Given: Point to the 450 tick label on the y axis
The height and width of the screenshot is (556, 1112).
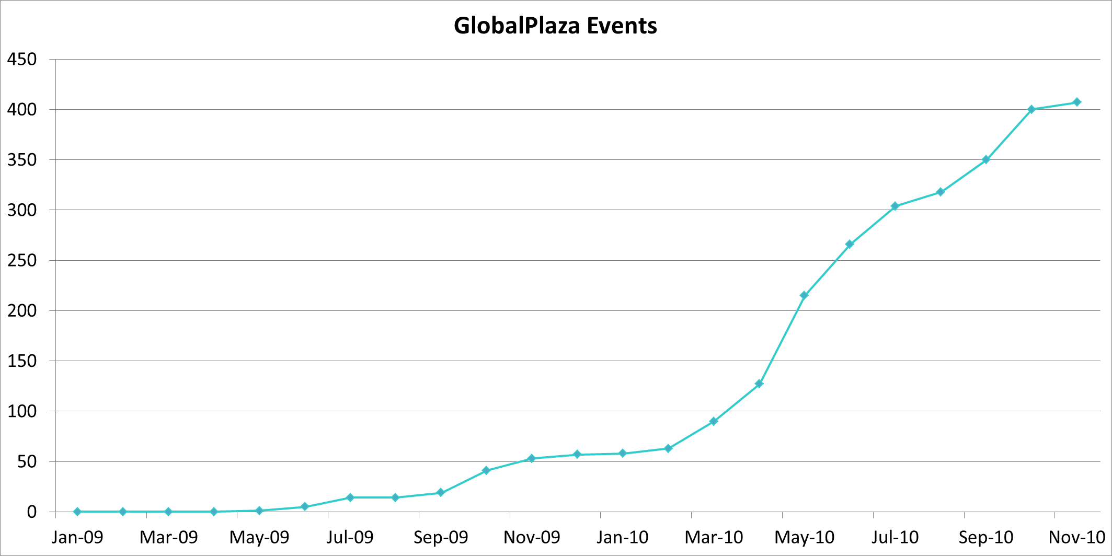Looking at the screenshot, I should click(22, 59).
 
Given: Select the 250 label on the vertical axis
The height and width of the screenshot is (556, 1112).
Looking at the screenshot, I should click(22, 260).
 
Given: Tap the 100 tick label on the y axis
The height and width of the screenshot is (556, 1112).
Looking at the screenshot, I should click(22, 411).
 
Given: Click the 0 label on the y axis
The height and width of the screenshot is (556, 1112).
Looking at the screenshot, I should click(32, 512).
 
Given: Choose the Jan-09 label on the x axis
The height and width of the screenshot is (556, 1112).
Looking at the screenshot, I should click(77, 537).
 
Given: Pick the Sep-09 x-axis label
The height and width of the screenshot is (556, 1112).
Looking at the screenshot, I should click(441, 537).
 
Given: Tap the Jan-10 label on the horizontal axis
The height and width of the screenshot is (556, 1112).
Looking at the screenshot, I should click(622, 537).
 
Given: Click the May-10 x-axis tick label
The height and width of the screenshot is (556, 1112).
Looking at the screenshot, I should click(804, 537).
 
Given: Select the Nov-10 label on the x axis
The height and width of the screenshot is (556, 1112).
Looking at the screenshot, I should click(1077, 537).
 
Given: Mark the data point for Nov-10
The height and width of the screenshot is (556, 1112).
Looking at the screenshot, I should click(1077, 102).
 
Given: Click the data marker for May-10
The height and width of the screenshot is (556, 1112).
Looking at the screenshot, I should click(804, 295).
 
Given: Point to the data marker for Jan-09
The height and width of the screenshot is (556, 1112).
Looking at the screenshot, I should click(77, 512).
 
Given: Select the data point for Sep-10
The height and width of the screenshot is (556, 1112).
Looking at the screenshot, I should click(986, 159).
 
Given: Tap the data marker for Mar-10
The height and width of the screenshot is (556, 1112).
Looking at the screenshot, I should click(713, 421).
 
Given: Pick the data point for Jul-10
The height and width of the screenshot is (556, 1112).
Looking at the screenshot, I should click(895, 206).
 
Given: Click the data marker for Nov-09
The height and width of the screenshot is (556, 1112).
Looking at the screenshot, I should click(532, 458).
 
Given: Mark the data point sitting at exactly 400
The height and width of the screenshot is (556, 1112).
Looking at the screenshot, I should click(1031, 109).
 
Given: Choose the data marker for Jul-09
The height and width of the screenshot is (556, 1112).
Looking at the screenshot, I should click(350, 497).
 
